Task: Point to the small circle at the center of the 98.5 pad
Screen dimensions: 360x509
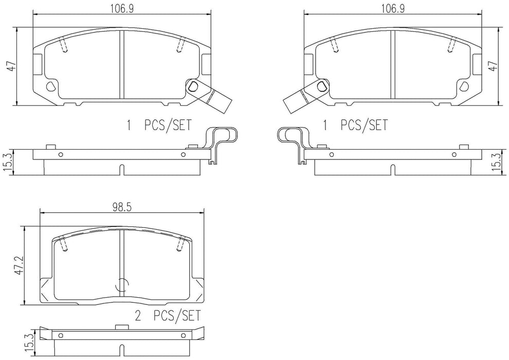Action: (x=122, y=285)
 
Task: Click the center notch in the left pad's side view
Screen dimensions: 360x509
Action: (x=121, y=168)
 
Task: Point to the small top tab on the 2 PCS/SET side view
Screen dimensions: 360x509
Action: (x=122, y=327)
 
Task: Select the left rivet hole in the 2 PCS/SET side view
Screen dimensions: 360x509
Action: (x=61, y=336)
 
